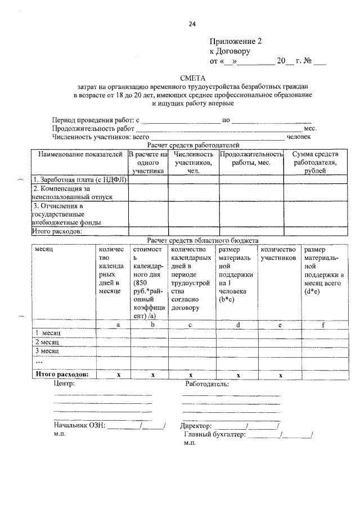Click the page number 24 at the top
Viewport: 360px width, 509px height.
(x=192, y=24)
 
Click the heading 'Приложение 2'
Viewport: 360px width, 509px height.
(x=236, y=41)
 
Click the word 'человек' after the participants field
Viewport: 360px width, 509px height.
(x=299, y=136)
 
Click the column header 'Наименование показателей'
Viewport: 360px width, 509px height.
(x=79, y=154)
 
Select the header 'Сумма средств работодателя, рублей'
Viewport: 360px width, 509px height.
(x=314, y=163)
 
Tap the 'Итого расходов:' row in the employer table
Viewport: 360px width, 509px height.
(x=58, y=231)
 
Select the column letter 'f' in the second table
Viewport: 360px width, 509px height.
(x=323, y=325)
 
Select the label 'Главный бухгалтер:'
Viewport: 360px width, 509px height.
(x=214, y=435)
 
